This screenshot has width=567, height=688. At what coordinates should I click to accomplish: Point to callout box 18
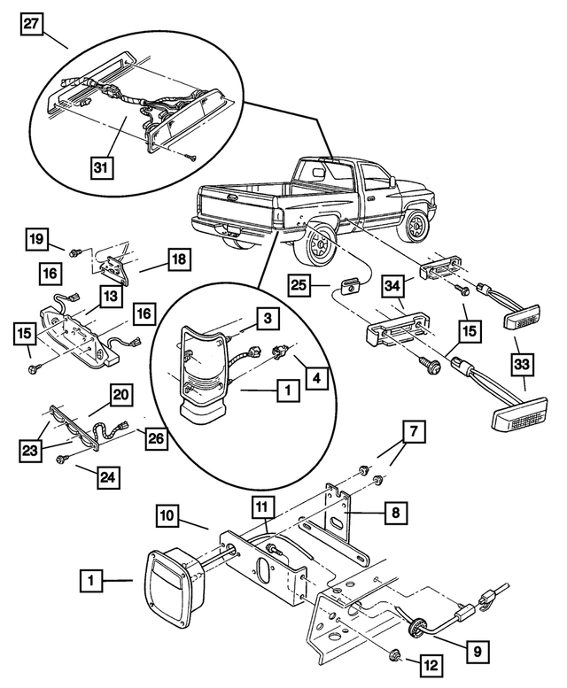point(176,259)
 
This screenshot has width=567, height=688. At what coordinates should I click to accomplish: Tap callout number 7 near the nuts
point(415,434)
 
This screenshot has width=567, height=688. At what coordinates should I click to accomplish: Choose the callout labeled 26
point(157,437)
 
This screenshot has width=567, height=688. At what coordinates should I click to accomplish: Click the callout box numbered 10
point(170,514)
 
